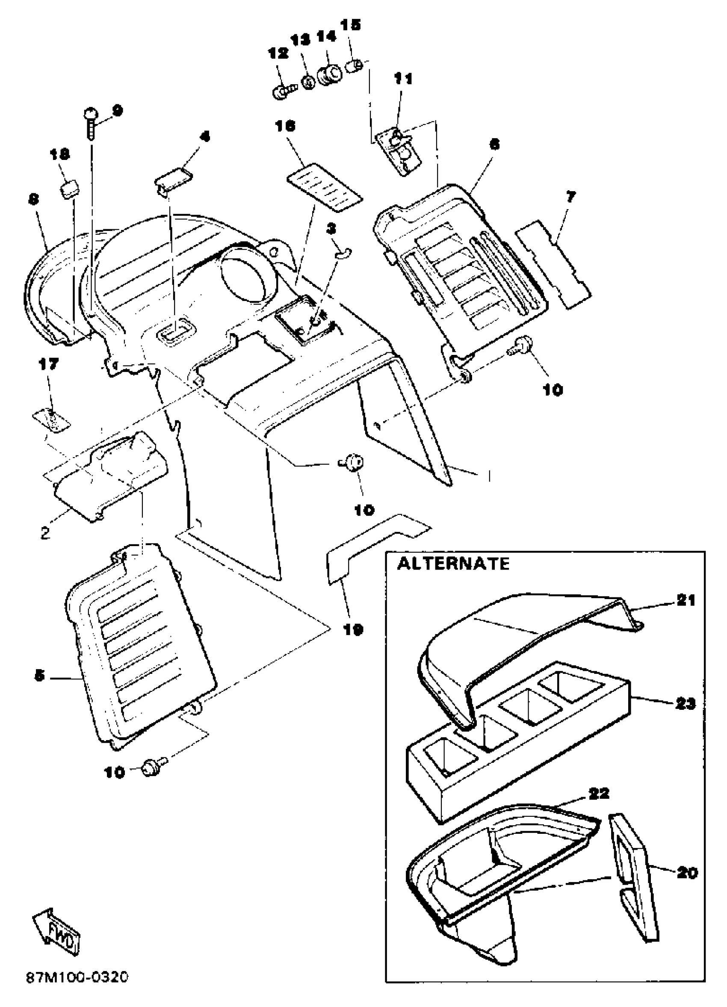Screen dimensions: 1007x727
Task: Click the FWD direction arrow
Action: pos(57,933)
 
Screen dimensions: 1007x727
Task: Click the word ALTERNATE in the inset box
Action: pos(453,564)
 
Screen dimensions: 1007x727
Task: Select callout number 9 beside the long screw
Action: pos(117,110)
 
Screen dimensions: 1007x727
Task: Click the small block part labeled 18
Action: pos(69,190)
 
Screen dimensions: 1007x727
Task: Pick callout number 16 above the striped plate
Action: pos(285,127)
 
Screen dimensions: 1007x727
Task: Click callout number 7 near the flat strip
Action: pos(570,196)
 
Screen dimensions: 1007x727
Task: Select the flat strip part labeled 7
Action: pos(553,267)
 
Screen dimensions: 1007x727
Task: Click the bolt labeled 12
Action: pos(281,92)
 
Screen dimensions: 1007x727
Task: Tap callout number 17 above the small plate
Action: pos(48,365)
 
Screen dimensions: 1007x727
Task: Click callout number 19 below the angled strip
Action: pos(354,629)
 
